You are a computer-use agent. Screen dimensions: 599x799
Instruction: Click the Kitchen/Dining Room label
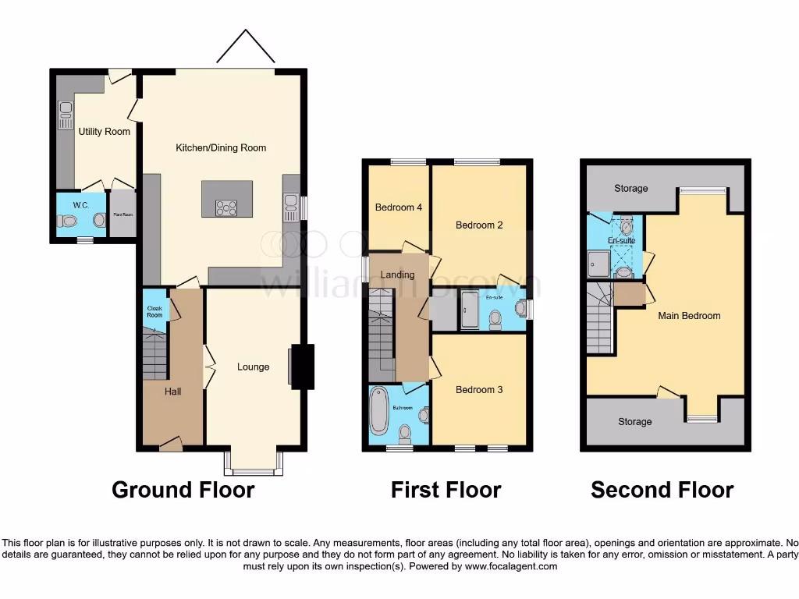[221, 147]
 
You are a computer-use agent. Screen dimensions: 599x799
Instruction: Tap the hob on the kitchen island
[226, 207]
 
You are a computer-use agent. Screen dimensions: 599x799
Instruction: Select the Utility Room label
[104, 131]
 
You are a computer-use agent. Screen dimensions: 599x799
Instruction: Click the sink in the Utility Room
[65, 117]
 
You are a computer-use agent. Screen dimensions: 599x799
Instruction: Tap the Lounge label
[254, 367]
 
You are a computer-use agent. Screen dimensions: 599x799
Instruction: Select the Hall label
[172, 391]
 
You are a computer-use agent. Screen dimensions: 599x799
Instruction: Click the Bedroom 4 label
[399, 207]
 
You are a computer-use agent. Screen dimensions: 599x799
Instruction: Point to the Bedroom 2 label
[479, 225]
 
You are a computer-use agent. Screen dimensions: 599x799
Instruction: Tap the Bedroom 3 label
[479, 390]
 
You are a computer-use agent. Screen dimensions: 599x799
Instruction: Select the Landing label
[397, 275]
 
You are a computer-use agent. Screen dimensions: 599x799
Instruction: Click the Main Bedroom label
[689, 316]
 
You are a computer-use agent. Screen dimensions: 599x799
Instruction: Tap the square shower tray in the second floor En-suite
[598, 264]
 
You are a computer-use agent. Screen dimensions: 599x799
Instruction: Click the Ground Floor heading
[183, 490]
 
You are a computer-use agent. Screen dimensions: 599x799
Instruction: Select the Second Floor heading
[662, 490]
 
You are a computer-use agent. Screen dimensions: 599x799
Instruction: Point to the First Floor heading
[446, 490]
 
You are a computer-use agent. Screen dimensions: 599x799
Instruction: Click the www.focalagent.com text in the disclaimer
[511, 566]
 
